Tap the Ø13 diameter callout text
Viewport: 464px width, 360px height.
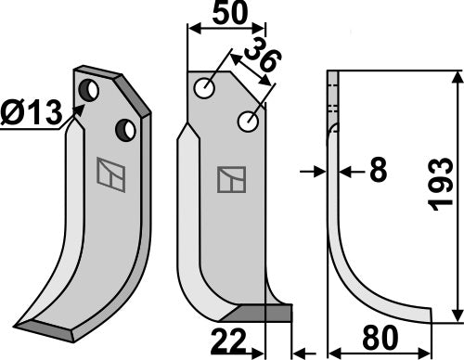click(32, 113)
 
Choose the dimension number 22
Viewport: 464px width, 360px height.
click(231, 342)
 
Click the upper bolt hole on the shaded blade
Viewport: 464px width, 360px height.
click(89, 91)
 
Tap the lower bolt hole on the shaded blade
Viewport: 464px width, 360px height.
click(126, 128)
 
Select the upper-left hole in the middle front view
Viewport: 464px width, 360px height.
click(204, 89)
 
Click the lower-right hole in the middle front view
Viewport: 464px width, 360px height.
click(248, 121)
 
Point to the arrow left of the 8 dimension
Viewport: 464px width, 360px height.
click(314, 171)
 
